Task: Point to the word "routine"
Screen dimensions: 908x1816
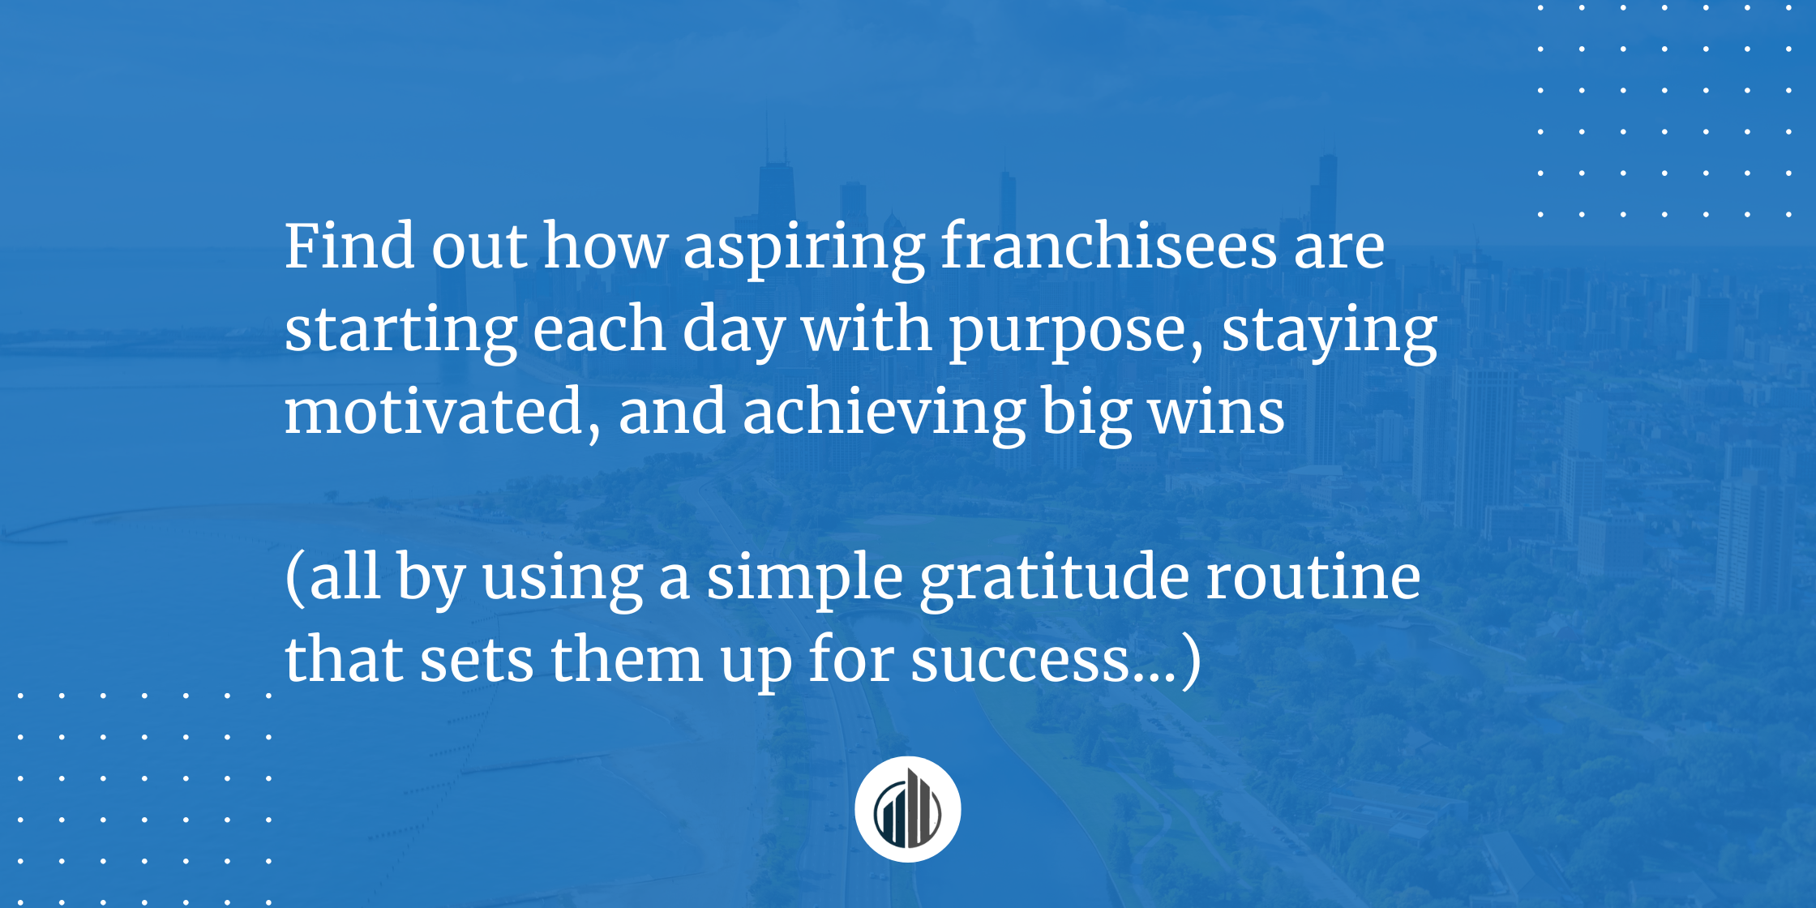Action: tap(1313, 577)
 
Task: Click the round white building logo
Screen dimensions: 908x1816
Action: tap(907, 809)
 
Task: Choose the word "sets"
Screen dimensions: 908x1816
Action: tap(476, 660)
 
